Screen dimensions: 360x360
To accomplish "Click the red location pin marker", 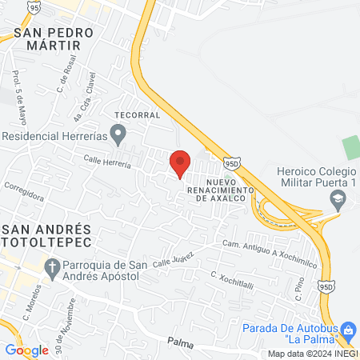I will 180,163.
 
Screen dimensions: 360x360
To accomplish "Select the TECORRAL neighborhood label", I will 138,114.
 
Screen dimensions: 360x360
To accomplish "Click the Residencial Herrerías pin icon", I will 118,135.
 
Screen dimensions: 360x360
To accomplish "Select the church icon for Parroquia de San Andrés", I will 52,267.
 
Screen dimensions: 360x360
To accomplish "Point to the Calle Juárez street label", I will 174,258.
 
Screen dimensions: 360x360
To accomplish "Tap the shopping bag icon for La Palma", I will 347,330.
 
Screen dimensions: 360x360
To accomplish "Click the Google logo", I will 26,350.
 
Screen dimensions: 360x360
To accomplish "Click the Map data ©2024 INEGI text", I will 312,354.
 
